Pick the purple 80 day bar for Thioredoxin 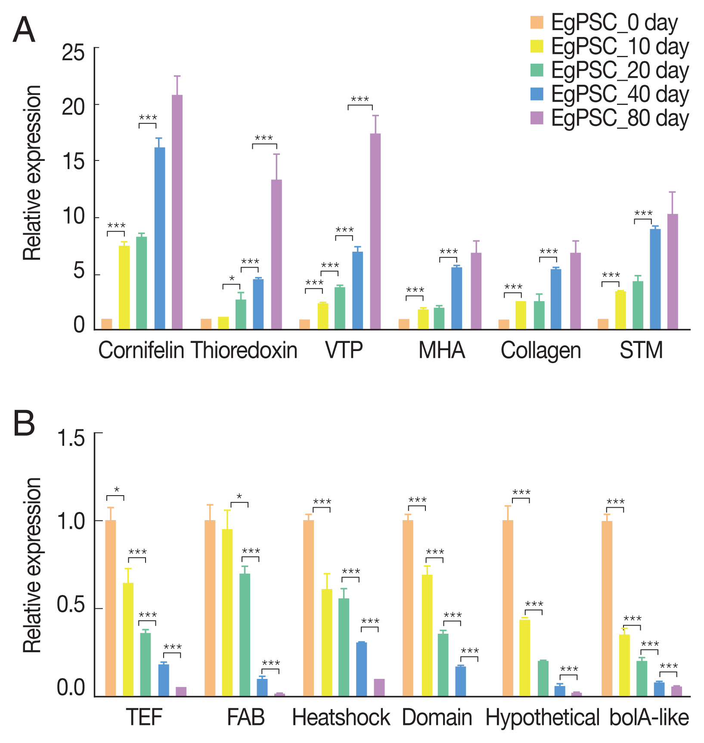[276, 254]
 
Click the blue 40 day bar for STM [655, 279]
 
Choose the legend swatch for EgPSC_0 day [537, 22]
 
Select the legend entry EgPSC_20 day [620, 71]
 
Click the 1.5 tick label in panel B [71, 438]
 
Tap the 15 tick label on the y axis [73, 161]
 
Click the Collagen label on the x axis [541, 350]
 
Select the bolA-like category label [649, 718]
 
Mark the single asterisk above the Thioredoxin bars [232, 279]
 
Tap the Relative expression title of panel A [33, 173]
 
